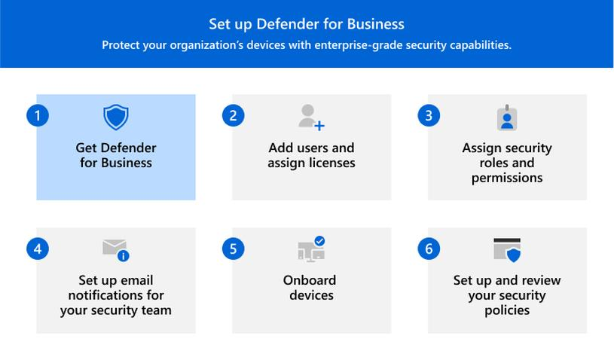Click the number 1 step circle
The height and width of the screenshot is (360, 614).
(x=38, y=115)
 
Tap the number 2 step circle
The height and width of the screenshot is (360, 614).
(x=233, y=115)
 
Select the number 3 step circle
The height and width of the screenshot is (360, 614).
(x=429, y=115)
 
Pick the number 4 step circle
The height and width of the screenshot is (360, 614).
(x=38, y=249)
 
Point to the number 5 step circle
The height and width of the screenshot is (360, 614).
(x=233, y=249)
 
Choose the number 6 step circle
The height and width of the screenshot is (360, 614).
(x=429, y=249)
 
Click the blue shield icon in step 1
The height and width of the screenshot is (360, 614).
(x=116, y=117)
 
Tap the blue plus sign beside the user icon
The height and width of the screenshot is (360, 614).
(x=319, y=126)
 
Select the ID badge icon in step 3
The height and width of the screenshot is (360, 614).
(x=507, y=117)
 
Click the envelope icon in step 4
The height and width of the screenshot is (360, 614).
(x=114, y=247)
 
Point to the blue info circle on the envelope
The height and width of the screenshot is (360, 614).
(x=124, y=256)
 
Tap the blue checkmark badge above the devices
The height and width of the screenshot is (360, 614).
(x=319, y=241)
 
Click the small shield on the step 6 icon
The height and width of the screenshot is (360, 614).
(x=514, y=255)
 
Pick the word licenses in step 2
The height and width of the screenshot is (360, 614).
(x=331, y=163)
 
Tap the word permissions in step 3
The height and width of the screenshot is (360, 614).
(x=507, y=178)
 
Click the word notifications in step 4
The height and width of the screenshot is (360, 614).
(x=103, y=295)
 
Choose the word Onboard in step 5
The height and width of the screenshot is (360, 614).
(x=310, y=280)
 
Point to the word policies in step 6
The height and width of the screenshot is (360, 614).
(x=507, y=310)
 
